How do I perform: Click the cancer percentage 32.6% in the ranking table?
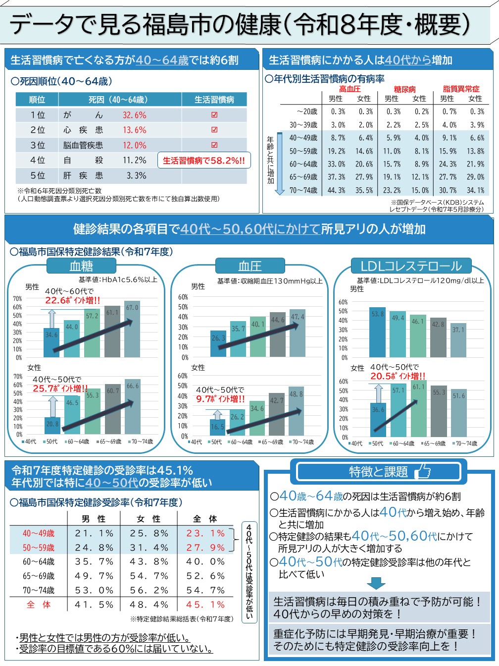(x=134, y=115)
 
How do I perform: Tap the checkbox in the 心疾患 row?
(x=214, y=130)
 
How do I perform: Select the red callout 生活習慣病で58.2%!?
(x=204, y=161)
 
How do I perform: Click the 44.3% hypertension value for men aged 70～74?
(x=336, y=190)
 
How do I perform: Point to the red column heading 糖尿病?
(x=405, y=89)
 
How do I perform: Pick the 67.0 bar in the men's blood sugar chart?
(x=132, y=329)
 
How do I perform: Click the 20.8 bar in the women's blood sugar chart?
(x=52, y=426)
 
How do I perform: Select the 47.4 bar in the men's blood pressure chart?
(x=298, y=333)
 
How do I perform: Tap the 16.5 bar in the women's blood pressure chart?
(x=217, y=428)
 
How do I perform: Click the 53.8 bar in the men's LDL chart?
(x=378, y=332)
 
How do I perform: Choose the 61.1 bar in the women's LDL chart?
(x=419, y=408)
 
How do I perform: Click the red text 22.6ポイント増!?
(x=72, y=300)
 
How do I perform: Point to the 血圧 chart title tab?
(x=250, y=266)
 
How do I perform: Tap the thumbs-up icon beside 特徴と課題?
(x=423, y=472)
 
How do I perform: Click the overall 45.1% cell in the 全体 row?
(x=205, y=605)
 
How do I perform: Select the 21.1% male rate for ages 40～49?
(x=94, y=533)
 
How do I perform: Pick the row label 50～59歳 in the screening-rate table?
(x=39, y=548)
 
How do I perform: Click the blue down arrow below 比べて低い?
(x=376, y=583)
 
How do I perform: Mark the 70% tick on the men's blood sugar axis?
(x=17, y=299)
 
